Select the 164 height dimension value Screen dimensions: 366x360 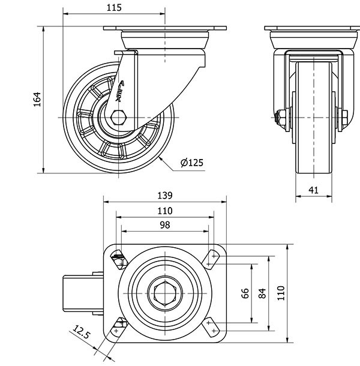(37, 99)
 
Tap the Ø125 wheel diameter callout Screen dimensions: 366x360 (192, 162)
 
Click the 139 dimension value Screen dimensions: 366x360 (165, 195)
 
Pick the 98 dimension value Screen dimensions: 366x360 (165, 225)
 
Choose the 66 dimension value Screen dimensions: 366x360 (244, 293)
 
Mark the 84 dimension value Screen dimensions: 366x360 (262, 293)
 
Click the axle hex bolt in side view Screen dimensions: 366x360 (119, 117)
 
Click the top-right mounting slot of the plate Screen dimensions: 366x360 (211, 258)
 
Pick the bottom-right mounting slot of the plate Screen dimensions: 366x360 (211, 328)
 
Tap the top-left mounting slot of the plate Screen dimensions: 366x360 (119, 259)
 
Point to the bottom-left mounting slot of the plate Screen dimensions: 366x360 (119, 326)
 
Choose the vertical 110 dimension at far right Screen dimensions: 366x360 (280, 293)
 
